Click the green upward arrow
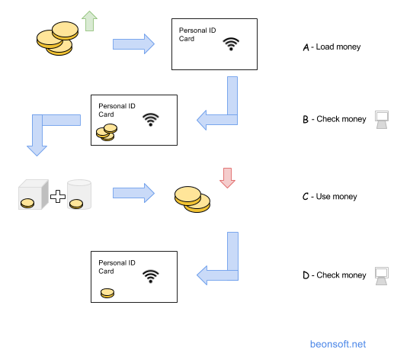point(89,21)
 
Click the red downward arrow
point(227,178)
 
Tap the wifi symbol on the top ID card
point(231,44)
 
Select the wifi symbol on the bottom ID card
point(151,276)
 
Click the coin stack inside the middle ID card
point(107,133)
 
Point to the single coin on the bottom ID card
point(107,293)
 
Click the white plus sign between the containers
point(58,196)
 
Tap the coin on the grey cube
point(27,204)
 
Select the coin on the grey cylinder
point(76,204)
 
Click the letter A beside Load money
point(306,47)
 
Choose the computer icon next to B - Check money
point(382,120)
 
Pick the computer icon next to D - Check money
point(382,276)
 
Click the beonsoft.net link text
point(338,344)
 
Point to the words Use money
point(337,197)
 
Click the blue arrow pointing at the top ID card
point(133,44)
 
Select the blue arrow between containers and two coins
point(133,193)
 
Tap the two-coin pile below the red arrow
point(193,199)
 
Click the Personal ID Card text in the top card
point(197,34)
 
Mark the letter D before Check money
point(306,275)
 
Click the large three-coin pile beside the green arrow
point(57,38)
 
